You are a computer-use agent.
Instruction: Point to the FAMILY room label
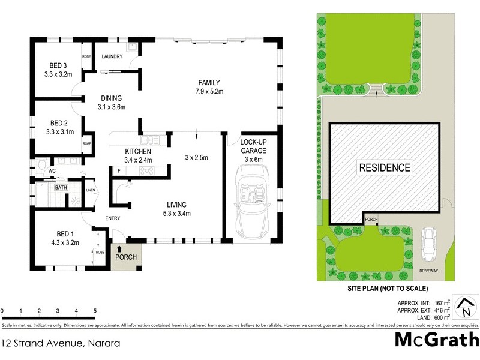coord(209,82)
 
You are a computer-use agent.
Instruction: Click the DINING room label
coord(111,98)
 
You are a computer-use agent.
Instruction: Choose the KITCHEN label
coord(137,151)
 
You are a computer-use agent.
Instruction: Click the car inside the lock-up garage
coord(251,201)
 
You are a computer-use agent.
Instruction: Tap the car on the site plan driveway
coord(428,245)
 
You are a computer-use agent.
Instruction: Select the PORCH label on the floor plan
coord(126,257)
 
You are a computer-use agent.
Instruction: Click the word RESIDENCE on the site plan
coord(385,168)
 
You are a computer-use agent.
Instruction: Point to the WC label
coord(52,170)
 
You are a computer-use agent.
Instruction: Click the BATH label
coord(61,188)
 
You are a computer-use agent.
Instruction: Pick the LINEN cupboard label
coord(91,191)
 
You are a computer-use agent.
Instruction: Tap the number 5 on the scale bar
coord(95,311)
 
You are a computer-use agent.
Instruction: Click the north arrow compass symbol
coord(464,307)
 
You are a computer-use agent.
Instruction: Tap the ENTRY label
coord(113,218)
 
